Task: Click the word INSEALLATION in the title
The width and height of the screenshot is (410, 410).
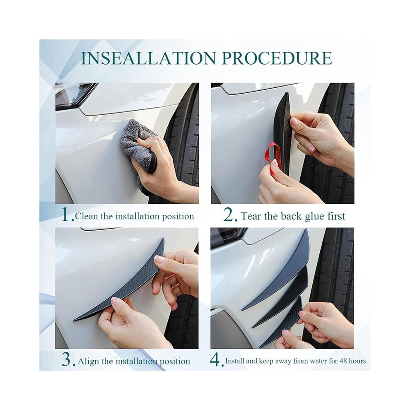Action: point(148,58)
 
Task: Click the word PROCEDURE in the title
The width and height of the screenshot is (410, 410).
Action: point(278,58)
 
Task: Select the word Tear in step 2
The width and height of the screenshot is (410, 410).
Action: point(251,216)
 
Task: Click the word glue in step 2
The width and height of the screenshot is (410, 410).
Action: point(314,217)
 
